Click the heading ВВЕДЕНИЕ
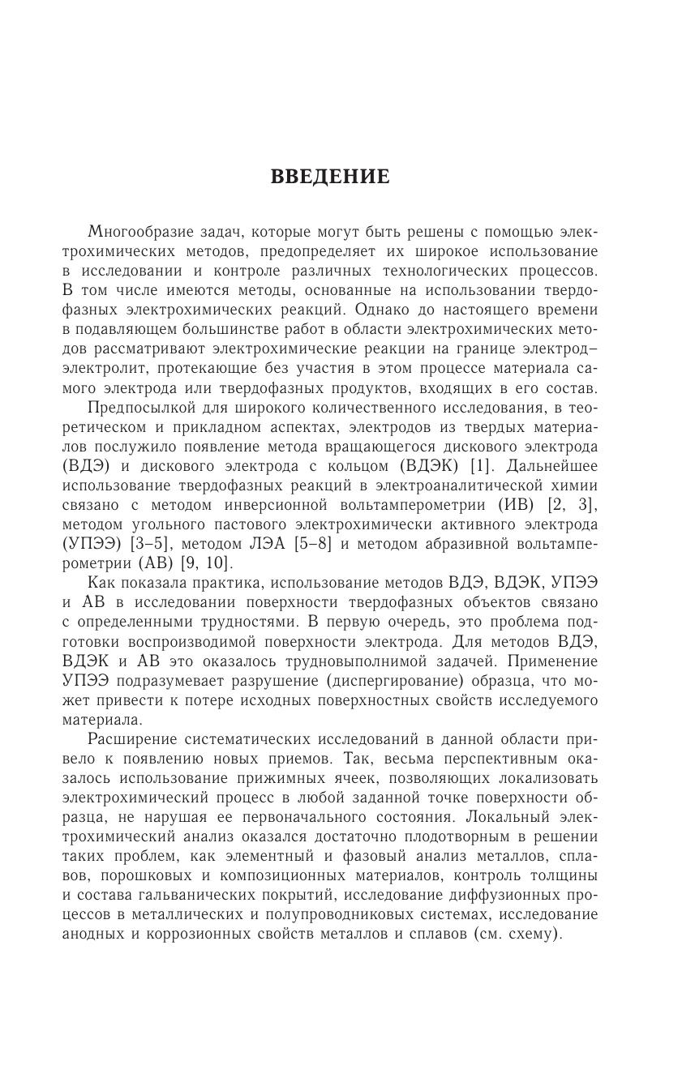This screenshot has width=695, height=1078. (x=330, y=178)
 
